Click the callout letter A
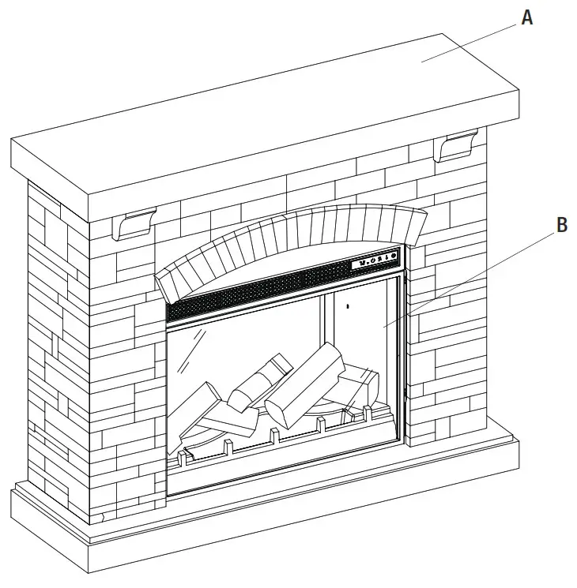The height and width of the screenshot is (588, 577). click(x=527, y=17)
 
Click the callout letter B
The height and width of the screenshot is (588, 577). click(x=561, y=225)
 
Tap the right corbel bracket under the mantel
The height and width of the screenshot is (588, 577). click(x=457, y=147)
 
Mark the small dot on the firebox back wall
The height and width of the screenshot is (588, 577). click(x=348, y=304)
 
